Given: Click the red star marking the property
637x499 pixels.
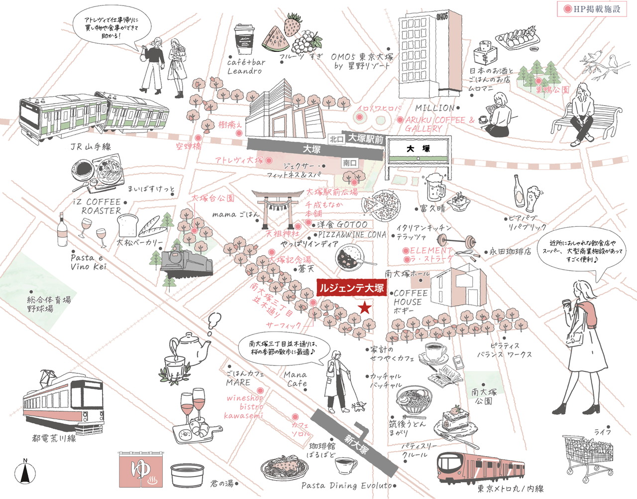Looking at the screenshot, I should pos(365,308).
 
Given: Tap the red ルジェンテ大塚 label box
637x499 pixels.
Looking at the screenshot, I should pos(351,288).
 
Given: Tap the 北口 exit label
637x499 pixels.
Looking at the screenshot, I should pos(336,139).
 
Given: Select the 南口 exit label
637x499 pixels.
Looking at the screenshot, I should pos(349,163).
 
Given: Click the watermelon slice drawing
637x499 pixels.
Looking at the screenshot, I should pos(275,38).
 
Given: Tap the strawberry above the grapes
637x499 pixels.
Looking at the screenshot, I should pos(293,23).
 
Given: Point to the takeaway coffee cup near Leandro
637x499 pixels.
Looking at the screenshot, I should pos(244,37).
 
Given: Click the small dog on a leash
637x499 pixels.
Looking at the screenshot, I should pos(359,406).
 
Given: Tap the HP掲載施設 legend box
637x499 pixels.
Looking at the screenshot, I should pos(592,9).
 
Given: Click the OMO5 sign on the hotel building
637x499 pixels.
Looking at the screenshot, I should pos(441,16).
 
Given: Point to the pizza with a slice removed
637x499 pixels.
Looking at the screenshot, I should pos(381,203).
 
